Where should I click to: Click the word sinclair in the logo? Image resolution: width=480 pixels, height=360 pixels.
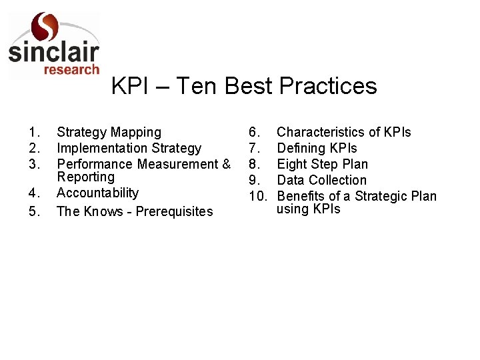(x=53, y=53)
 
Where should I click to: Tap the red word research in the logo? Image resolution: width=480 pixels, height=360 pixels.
(x=71, y=69)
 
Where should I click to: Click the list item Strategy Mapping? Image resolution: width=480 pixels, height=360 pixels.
(x=109, y=133)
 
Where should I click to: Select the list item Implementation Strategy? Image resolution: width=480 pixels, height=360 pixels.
(x=129, y=148)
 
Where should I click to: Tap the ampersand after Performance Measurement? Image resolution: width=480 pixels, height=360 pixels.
(x=226, y=164)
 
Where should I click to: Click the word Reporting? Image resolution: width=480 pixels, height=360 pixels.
(x=85, y=177)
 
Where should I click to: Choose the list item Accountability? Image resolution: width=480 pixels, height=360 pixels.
(x=97, y=193)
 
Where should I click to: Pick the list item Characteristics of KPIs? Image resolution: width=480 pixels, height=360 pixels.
(x=343, y=133)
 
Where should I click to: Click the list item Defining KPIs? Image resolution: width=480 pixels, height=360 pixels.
(x=317, y=148)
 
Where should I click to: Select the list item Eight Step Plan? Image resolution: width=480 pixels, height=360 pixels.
(x=322, y=164)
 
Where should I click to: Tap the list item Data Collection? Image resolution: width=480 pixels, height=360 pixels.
(x=321, y=180)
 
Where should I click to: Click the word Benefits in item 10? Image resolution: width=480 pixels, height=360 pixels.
(x=301, y=196)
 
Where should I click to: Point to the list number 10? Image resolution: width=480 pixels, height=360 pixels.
(x=258, y=196)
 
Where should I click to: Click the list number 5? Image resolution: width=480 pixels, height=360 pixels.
(x=35, y=212)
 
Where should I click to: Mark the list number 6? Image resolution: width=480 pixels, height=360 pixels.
(x=254, y=133)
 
